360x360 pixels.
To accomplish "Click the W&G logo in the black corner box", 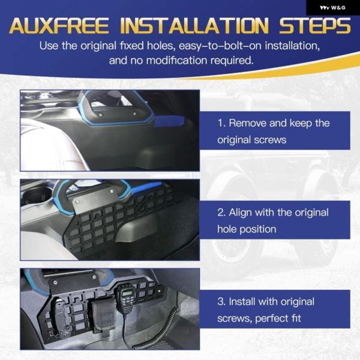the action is click(x=332, y=8).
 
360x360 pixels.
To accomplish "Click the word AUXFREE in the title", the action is click(x=59, y=26).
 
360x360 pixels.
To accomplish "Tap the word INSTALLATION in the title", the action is click(x=194, y=26).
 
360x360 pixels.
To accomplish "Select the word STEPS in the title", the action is click(x=315, y=26).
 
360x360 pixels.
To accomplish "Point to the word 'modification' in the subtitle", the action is click(x=177, y=61).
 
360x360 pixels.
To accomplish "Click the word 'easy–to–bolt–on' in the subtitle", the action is click(x=220, y=46).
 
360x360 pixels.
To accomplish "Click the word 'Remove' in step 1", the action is click(x=247, y=123).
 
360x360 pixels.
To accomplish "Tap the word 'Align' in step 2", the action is click(x=241, y=213).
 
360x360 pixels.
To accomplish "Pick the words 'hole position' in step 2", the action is click(x=247, y=229).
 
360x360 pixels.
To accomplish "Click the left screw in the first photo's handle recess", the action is click(x=101, y=115).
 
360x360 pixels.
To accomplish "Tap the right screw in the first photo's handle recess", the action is click(x=134, y=113).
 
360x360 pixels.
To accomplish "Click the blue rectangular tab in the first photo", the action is click(x=169, y=121).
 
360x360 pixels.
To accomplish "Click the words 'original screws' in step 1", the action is click(x=251, y=140).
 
